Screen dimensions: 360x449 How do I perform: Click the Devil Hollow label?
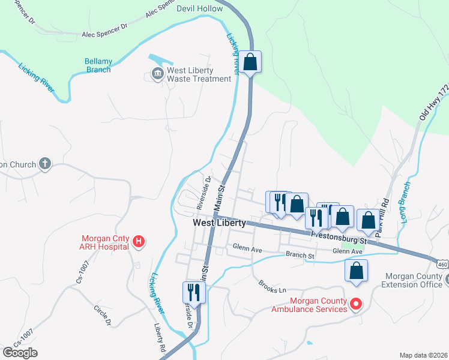199,8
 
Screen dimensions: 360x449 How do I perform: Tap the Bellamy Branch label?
98,65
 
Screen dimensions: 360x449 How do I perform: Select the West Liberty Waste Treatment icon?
157,74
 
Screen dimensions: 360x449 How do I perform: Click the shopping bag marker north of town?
251,61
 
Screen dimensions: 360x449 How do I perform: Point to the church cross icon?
44,163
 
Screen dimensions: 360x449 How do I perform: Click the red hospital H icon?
139,242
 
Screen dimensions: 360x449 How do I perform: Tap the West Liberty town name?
219,223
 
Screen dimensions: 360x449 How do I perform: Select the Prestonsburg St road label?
338,233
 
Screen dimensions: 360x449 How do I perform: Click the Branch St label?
300,255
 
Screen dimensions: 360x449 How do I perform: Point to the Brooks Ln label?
272,286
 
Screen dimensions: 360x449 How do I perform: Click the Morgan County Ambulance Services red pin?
355,304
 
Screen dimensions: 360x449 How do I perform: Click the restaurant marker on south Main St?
194,292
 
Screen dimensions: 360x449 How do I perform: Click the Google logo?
20,352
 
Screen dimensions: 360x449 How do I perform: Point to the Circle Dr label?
101,315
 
